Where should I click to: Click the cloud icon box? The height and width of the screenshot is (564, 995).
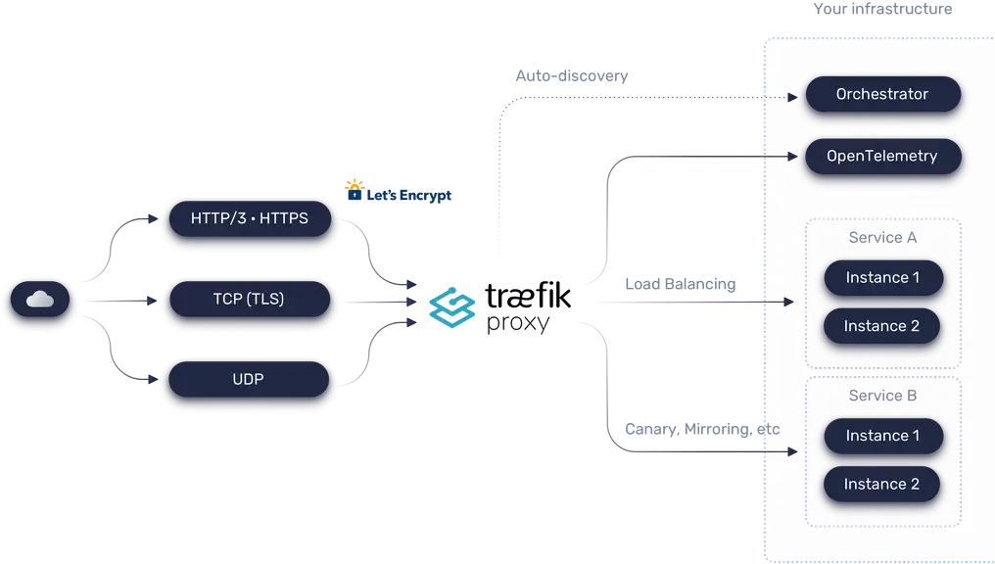point(40,301)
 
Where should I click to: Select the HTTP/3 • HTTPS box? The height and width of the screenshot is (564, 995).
point(250,218)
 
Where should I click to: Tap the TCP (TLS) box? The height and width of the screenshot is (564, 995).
point(249,299)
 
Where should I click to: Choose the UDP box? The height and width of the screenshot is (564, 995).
point(249,378)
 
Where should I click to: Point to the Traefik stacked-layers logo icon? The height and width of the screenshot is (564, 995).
point(451,306)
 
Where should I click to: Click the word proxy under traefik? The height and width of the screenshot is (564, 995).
point(519,323)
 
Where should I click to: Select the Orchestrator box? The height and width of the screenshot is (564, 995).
point(881,95)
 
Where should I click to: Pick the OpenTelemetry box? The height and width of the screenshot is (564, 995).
point(881,156)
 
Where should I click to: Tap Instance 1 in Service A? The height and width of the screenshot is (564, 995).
point(881,277)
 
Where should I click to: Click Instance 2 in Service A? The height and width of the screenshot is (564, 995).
point(881,326)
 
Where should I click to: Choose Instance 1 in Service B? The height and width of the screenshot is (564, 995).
point(881,436)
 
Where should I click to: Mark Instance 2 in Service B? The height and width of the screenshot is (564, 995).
point(881,484)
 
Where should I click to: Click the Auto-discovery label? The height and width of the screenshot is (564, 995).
point(572,75)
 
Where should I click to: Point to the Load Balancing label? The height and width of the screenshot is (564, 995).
point(680,284)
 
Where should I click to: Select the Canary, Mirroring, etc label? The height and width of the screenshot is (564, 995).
point(702,429)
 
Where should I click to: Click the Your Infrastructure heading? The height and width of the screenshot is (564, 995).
point(882,10)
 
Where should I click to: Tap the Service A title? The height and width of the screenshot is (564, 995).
point(882,238)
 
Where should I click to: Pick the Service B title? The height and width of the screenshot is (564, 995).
point(882,397)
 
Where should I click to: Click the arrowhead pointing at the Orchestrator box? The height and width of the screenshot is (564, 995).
point(791,97)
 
